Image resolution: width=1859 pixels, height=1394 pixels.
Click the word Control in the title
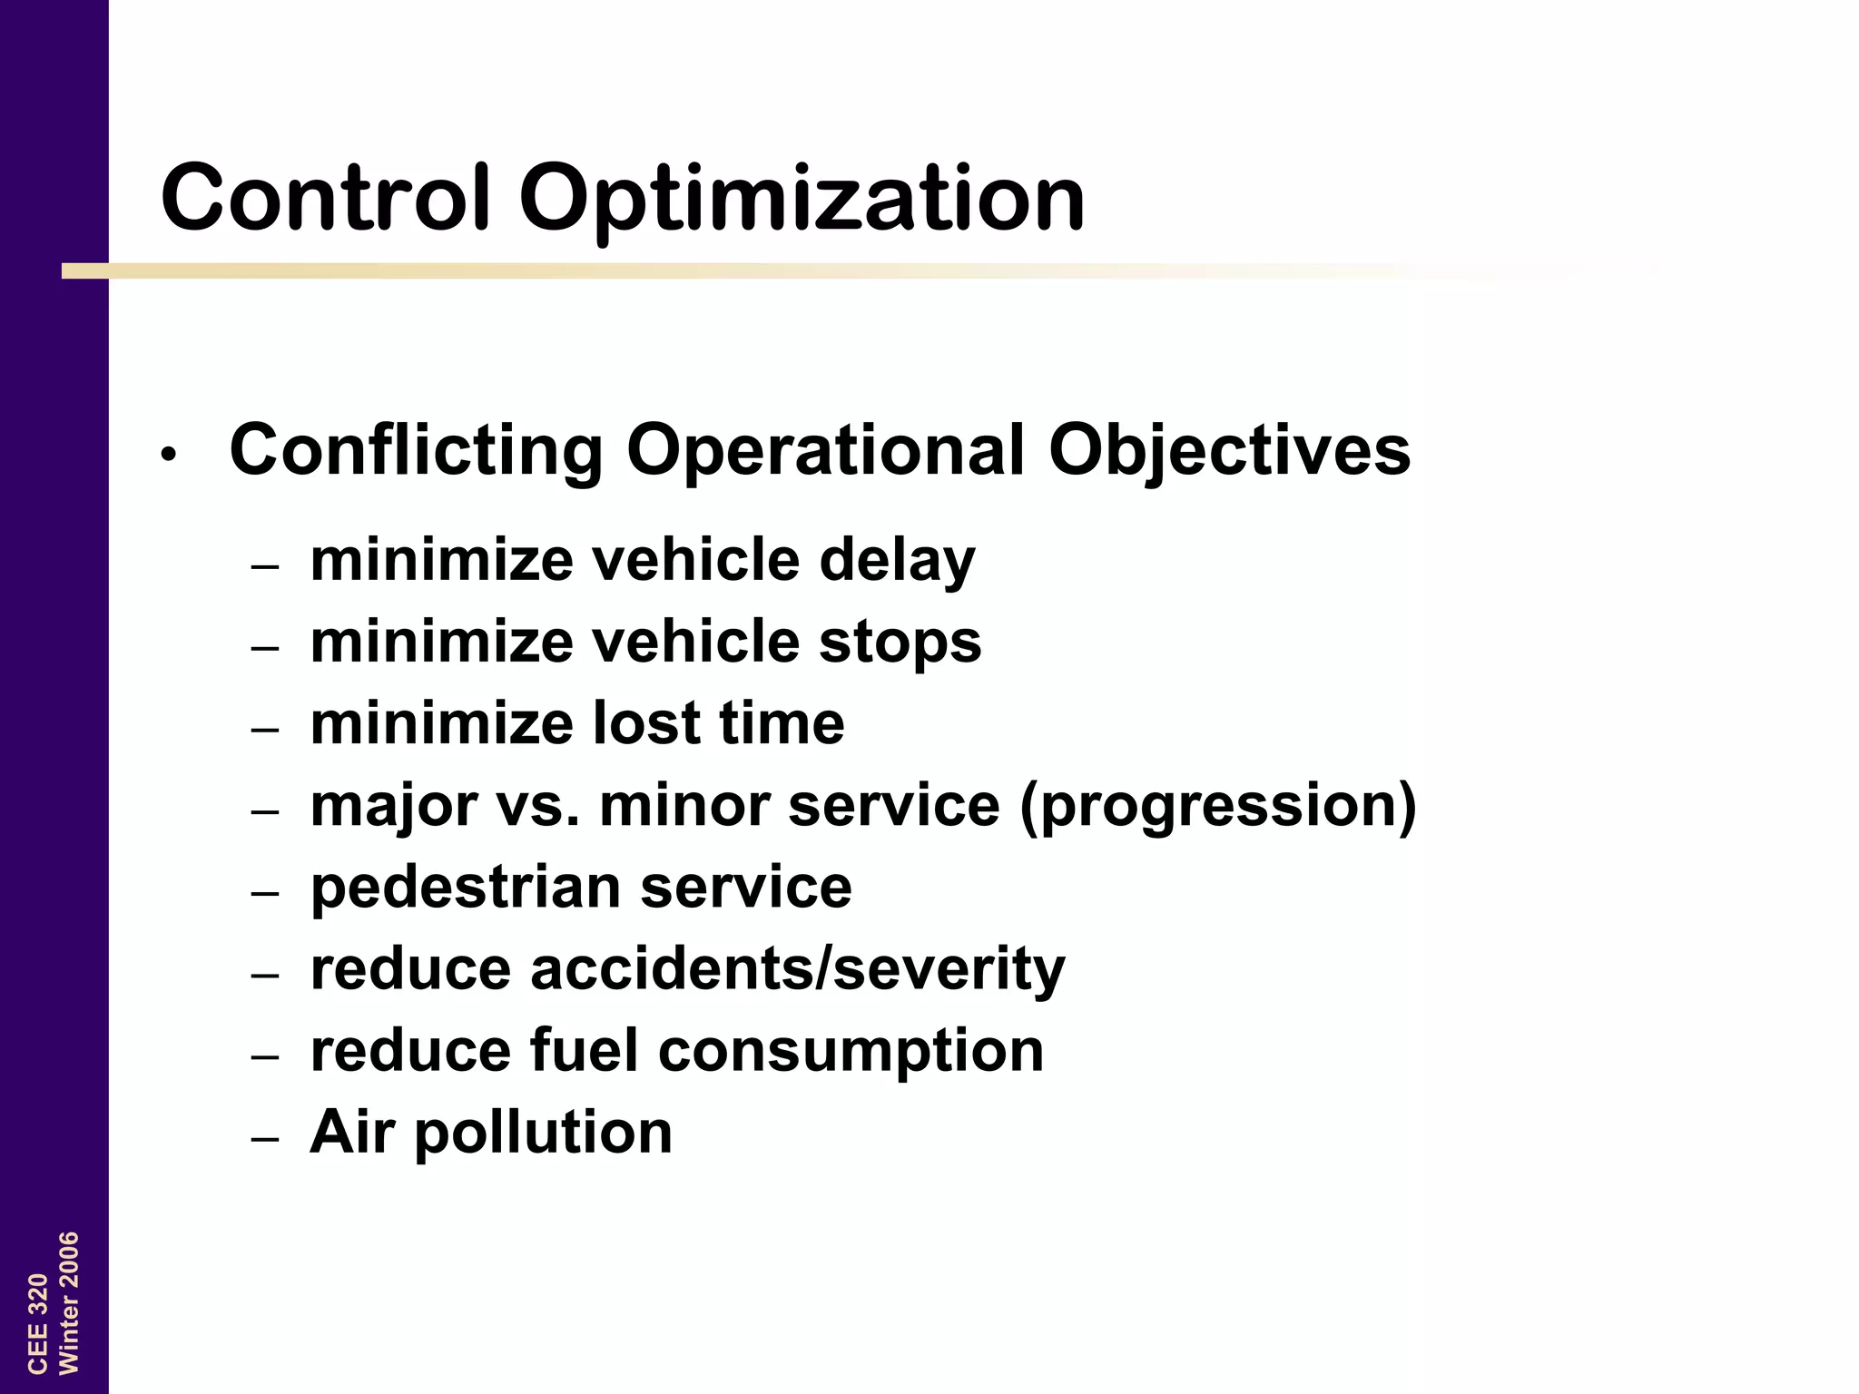click(x=326, y=197)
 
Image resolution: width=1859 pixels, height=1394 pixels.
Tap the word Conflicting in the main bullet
click(x=416, y=451)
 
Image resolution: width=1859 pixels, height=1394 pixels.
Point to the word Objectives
click(x=1229, y=451)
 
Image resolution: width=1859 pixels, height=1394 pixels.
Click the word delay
click(x=897, y=561)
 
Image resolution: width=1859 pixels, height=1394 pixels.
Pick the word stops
click(x=900, y=643)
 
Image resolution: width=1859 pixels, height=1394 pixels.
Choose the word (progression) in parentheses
click(x=1217, y=806)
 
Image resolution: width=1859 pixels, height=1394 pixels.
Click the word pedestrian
click(x=465, y=888)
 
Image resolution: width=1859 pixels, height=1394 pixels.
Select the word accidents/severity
click(x=797, y=968)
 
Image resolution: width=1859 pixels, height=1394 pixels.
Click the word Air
click(x=352, y=1132)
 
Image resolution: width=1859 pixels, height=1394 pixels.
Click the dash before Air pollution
click(x=265, y=1139)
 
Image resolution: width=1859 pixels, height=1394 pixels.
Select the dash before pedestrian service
click(x=265, y=893)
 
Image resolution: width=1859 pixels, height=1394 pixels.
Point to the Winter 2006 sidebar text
click(x=69, y=1303)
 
